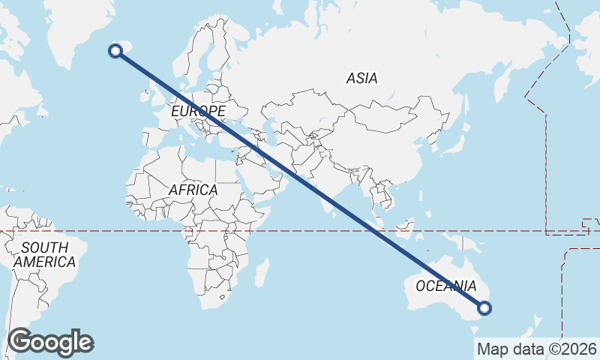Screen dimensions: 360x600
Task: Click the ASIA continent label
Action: coord(361,78)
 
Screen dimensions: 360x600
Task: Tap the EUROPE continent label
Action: coord(197,111)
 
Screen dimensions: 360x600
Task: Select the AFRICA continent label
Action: coord(193,190)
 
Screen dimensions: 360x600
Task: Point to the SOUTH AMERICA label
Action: coord(44,255)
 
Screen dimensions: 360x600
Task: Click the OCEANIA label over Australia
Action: coord(445,286)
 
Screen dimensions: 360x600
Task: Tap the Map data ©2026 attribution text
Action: coord(536,349)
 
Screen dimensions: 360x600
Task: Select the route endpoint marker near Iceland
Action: coord(115,51)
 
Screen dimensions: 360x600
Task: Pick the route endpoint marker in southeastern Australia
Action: coord(484,307)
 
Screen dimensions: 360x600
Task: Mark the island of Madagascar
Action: coord(260,273)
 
